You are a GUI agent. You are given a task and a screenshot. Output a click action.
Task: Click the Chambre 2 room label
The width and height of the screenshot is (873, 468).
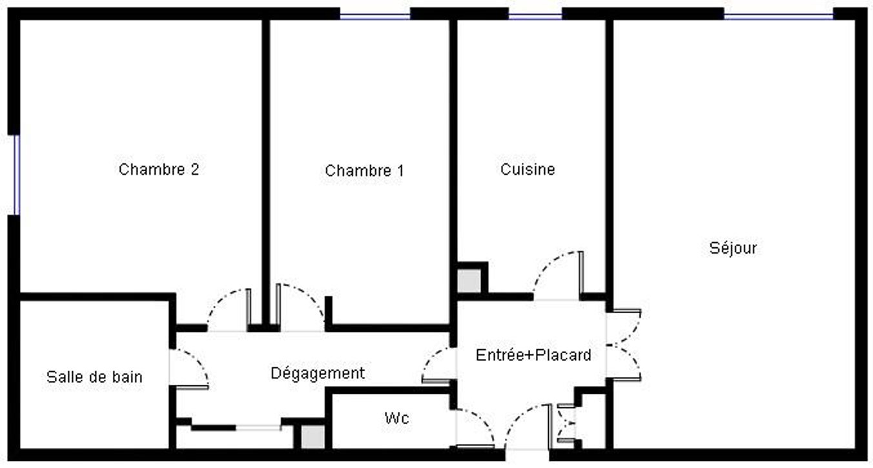click(x=159, y=170)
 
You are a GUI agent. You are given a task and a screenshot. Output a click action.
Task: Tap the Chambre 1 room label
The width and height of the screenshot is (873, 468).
click(x=364, y=170)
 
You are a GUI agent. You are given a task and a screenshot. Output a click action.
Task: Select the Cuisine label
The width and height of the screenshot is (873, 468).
click(x=528, y=170)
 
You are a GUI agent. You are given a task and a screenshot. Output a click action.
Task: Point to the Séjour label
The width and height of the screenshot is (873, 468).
click(x=733, y=248)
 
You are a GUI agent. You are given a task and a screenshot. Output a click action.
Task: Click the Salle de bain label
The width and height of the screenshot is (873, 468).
click(x=94, y=377)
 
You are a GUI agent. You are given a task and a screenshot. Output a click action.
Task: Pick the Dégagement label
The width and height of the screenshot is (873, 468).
click(x=318, y=373)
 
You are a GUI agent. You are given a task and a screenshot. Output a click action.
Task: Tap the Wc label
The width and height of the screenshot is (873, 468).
click(x=396, y=418)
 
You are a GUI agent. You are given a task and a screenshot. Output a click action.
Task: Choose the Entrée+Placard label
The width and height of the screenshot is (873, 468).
click(x=533, y=355)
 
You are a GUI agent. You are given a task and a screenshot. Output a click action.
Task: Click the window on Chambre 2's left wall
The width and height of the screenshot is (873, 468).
click(x=17, y=174)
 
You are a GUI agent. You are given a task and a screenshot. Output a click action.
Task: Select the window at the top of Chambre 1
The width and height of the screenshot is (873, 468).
click(x=375, y=16)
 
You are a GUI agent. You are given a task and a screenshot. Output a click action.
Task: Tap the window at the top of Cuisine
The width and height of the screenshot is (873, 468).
click(x=535, y=16)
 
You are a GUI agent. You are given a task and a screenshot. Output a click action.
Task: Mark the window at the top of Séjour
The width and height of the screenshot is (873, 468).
click(x=778, y=16)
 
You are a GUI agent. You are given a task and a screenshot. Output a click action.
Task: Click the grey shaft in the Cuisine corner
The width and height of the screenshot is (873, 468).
click(x=469, y=281)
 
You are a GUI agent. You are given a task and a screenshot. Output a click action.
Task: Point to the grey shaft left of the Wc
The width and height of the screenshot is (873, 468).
click(x=313, y=436)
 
